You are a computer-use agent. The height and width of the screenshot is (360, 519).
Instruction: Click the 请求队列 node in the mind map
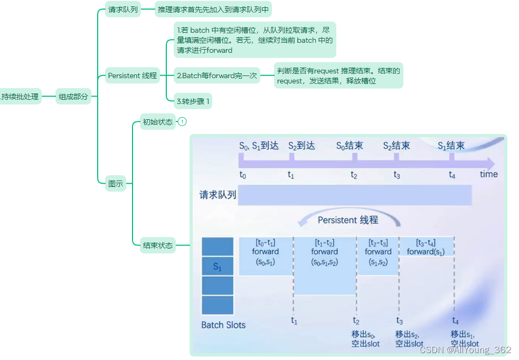click(123, 10)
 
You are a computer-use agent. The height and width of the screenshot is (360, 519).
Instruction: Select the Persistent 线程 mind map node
click(133, 75)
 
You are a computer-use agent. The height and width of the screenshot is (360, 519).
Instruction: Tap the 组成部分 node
click(73, 97)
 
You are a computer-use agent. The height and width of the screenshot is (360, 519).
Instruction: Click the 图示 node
click(116, 184)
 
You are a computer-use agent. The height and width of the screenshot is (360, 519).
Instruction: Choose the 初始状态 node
click(157, 122)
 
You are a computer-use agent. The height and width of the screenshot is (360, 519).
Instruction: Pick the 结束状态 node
click(158, 245)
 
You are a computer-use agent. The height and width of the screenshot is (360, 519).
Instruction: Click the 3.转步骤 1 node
click(193, 101)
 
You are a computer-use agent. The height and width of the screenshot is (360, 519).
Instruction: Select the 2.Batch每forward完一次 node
click(216, 75)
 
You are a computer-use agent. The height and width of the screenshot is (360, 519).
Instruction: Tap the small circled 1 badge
click(182, 122)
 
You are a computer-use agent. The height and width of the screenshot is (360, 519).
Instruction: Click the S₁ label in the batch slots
click(217, 267)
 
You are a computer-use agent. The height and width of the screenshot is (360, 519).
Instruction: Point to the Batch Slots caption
click(223, 325)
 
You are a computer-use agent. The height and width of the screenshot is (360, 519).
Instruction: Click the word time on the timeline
click(488, 174)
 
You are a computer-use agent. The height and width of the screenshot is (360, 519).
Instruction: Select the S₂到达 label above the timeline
click(301, 146)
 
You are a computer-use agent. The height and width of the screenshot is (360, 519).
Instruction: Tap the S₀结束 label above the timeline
click(350, 146)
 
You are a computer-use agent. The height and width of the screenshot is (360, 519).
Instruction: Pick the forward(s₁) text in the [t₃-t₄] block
click(426, 252)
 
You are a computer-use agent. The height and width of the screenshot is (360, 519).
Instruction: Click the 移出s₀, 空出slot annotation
click(365, 339)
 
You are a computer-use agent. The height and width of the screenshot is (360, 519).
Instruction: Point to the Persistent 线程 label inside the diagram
click(348, 220)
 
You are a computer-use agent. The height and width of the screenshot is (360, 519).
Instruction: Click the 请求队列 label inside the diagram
click(218, 195)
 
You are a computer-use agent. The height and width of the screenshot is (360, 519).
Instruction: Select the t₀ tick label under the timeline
click(242, 175)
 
